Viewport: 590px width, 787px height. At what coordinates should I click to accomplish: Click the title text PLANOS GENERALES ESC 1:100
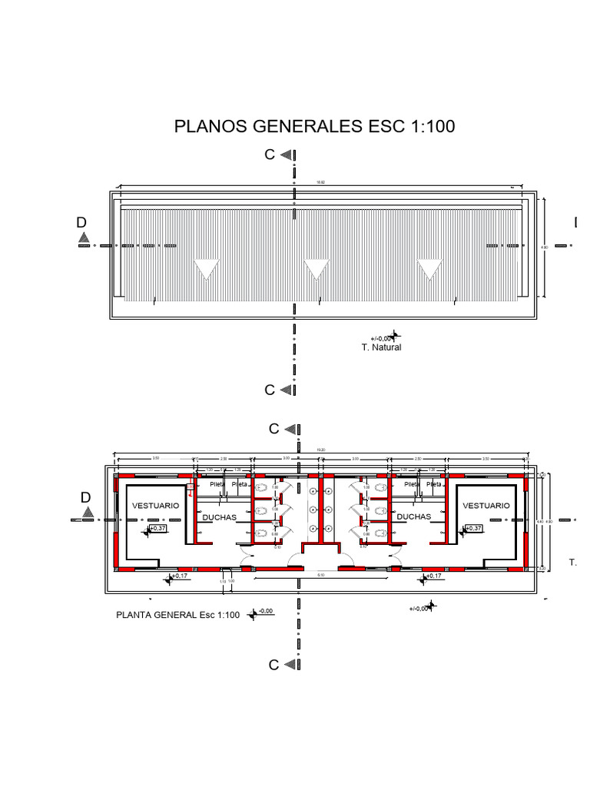(314, 126)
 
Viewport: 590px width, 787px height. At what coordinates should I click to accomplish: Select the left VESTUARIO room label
(156, 506)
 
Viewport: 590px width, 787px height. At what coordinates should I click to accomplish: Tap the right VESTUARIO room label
(486, 506)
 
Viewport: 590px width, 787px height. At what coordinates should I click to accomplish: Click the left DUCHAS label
(219, 517)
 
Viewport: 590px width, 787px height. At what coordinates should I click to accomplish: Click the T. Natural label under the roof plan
(382, 347)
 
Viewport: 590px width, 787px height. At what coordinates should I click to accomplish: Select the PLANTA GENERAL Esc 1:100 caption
(178, 615)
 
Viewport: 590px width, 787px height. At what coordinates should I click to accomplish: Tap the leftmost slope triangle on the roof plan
(206, 270)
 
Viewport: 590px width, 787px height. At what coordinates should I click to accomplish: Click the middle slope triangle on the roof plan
(316, 270)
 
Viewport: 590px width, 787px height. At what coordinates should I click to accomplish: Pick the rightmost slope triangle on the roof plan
(429, 270)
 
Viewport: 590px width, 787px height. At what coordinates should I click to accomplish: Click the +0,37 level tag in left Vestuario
(157, 529)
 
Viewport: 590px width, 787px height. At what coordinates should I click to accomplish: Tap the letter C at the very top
(270, 154)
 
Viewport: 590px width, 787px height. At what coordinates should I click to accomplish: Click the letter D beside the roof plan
(81, 223)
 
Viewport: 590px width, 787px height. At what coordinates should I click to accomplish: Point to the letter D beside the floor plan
(85, 498)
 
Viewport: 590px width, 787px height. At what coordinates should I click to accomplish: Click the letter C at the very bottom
(273, 666)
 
